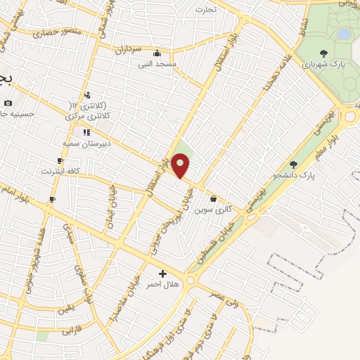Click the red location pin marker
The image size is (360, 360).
181,166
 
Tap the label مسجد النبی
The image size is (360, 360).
157,63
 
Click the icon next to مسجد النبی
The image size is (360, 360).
157,53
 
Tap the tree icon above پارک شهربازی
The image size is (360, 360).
323,53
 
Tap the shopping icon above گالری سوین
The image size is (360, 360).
213,199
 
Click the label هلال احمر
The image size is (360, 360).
162,285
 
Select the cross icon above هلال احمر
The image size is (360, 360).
162,274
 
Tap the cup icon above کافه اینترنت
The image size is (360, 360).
60,160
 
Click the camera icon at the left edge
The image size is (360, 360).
8,103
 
